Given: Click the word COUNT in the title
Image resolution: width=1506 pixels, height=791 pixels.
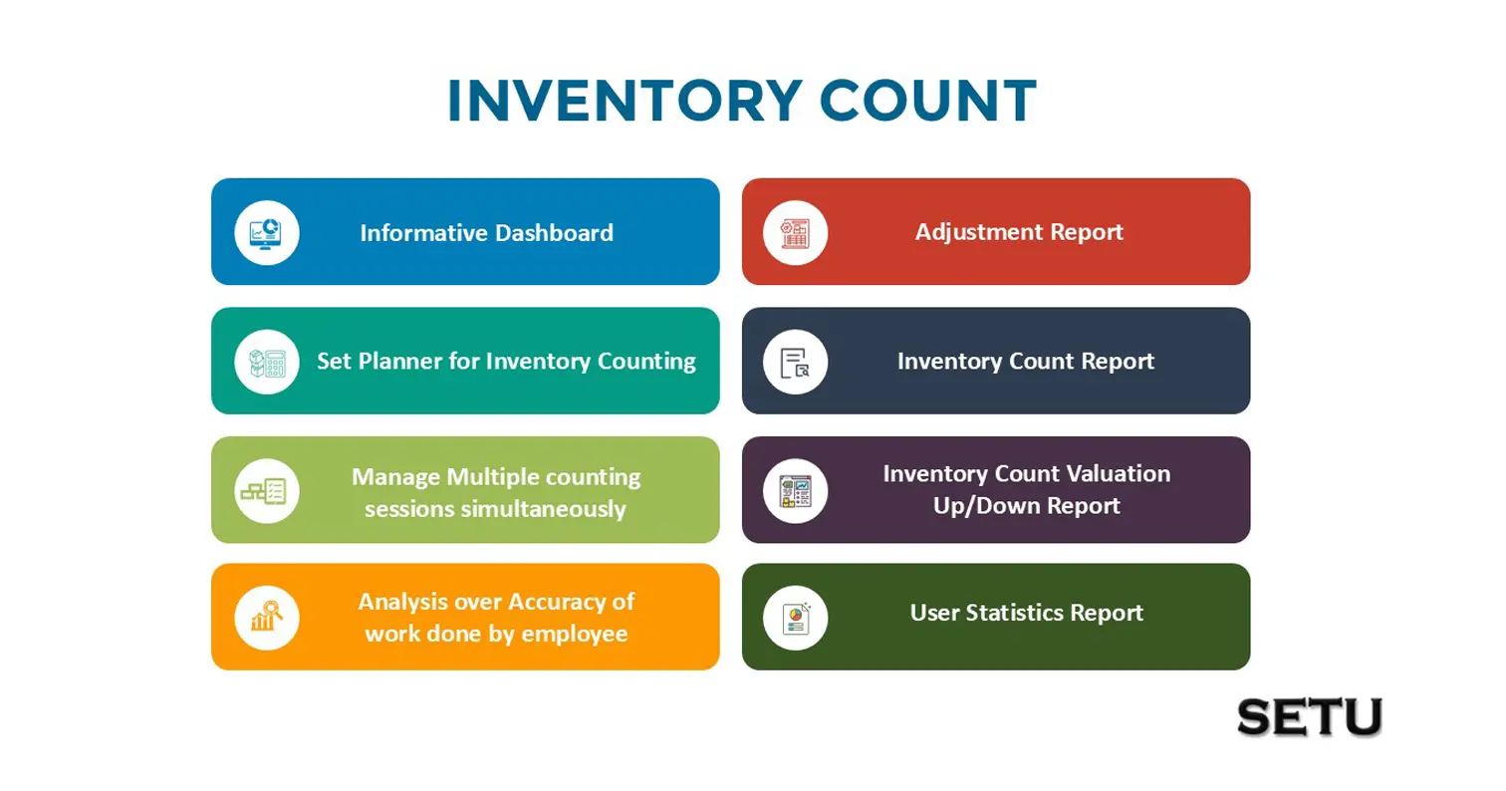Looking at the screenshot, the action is point(928,101).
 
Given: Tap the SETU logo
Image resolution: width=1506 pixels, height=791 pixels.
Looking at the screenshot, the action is point(1310,717).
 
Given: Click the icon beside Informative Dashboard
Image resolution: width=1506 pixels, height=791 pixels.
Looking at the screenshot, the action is point(267,233).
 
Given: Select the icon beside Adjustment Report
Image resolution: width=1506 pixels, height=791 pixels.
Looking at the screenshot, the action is point(796,233).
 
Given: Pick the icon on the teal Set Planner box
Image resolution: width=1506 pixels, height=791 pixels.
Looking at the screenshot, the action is point(267,362).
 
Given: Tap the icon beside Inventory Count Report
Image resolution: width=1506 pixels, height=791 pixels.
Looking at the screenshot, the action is point(796,362).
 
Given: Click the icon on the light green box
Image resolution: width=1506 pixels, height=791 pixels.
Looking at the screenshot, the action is point(267,491).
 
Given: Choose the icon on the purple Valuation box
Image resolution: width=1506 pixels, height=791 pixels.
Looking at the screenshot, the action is point(796,491).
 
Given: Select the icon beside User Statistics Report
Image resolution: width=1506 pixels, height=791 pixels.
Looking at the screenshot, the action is point(796,618).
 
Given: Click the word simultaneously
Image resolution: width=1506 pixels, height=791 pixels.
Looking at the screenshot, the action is point(543,509).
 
